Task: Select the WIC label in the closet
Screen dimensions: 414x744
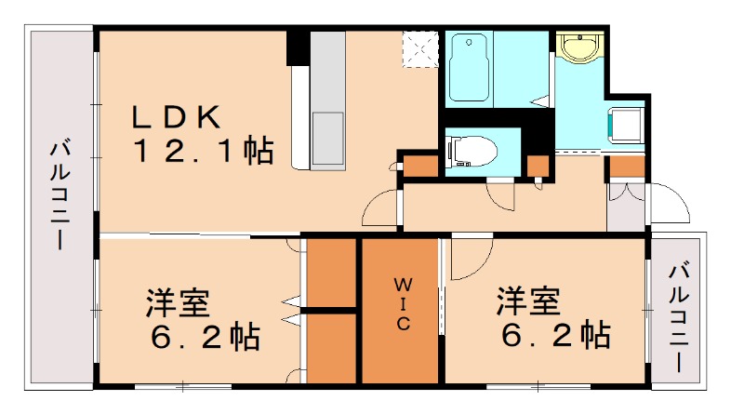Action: click(x=400, y=302)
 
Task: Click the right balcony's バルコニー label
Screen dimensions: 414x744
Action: click(x=679, y=314)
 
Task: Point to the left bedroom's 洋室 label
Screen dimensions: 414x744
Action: click(x=177, y=302)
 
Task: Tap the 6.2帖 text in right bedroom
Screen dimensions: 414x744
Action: click(x=552, y=336)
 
